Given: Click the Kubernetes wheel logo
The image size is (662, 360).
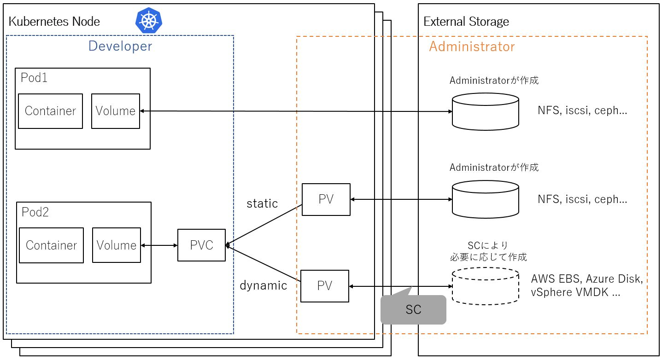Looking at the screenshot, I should (149, 21).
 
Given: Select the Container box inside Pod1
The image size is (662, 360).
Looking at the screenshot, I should (50, 111).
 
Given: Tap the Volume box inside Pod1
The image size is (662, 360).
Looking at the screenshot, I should (116, 111).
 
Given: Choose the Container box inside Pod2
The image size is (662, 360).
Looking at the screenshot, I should (51, 245).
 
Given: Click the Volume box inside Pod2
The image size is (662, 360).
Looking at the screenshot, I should (117, 245).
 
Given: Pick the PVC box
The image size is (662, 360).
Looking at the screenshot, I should (202, 245).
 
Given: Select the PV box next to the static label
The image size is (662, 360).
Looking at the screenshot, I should (326, 199).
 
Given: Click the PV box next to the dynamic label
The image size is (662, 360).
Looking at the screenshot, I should (325, 286).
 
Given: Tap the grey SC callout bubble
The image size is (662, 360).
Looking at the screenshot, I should (414, 309).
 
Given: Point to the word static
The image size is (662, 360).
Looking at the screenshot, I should (262, 203).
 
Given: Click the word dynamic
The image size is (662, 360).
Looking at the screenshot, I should (263, 285).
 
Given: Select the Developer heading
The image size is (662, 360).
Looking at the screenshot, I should (120, 46).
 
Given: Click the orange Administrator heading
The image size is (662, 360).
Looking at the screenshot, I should (472, 46).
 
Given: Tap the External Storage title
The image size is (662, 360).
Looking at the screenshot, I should (466, 22).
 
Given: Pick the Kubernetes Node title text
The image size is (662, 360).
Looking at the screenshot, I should (54, 22).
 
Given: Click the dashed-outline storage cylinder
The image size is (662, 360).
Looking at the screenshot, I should (486, 286).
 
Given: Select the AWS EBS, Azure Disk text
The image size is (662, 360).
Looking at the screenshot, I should (586, 279).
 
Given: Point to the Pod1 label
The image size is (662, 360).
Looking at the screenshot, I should (34, 77).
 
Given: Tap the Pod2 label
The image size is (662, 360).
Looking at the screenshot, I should (35, 212).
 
